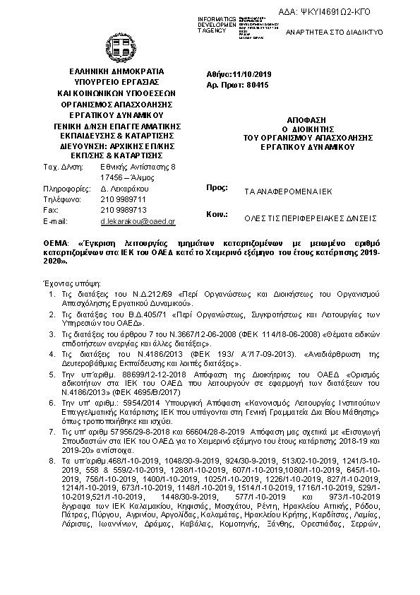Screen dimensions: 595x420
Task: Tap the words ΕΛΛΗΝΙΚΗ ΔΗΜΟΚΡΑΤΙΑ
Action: [x=116, y=71]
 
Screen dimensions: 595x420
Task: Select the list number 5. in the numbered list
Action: [x=47, y=371]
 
